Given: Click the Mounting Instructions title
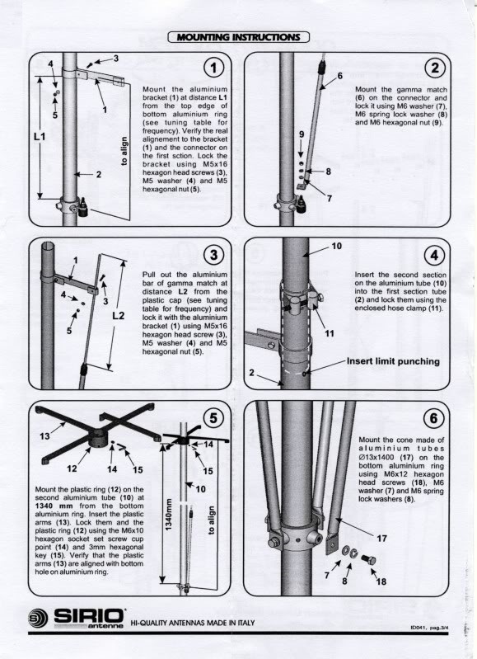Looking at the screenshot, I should pyautogui.click(x=238, y=36).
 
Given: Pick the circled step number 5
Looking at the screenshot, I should pyautogui.click(x=214, y=419).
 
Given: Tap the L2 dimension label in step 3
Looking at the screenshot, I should pyautogui.click(x=118, y=315).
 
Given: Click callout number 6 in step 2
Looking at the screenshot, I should pyautogui.click(x=339, y=76).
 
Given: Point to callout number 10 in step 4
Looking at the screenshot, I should pyautogui.click(x=336, y=247).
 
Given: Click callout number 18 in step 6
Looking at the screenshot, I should pyautogui.click(x=381, y=581).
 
